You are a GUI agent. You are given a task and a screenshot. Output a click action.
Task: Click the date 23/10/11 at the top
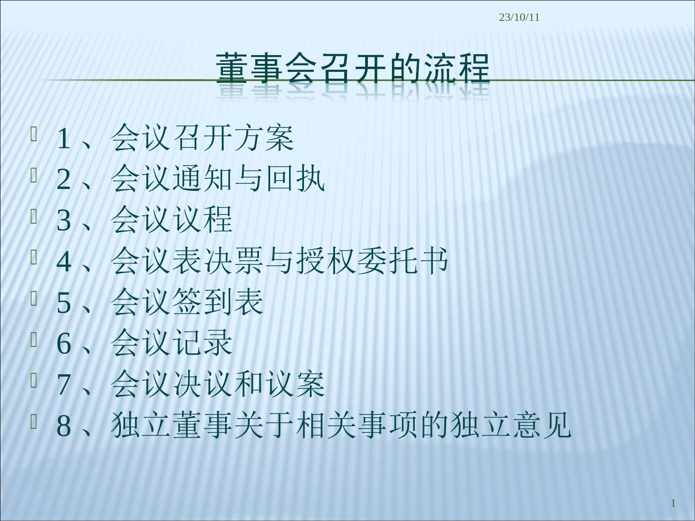pos(519,17)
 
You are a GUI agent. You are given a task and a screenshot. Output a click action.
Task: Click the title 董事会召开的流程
pos(353,69)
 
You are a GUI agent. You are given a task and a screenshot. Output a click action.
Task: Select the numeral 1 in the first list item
pos(63,138)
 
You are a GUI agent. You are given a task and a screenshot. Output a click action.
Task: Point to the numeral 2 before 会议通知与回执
pos(63,179)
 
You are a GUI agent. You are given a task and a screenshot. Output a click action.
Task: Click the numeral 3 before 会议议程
pos(63,220)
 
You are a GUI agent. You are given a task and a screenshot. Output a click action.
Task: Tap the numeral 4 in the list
pos(63,261)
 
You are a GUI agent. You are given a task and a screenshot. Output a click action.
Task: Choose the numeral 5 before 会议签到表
pos(63,303)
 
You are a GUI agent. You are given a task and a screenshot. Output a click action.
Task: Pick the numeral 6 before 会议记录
pos(63,344)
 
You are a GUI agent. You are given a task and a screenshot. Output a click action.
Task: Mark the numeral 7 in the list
pos(63,385)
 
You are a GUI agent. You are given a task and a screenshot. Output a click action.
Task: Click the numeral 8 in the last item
pos(63,426)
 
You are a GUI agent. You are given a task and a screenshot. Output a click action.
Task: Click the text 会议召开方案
pos(202,138)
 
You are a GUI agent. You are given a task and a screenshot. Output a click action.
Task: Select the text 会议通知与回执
pos(218,179)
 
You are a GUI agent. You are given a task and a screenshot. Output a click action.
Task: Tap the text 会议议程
pos(171,220)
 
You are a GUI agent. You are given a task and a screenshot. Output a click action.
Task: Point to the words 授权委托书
pos(372,261)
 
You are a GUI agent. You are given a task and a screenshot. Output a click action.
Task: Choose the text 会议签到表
pos(187,302)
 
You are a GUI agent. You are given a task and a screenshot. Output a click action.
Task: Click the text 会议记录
pos(171,343)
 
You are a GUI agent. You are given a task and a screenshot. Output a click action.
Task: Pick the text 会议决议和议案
pos(218,384)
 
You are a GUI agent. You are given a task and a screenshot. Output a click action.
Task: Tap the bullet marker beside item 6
pos(34,339)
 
